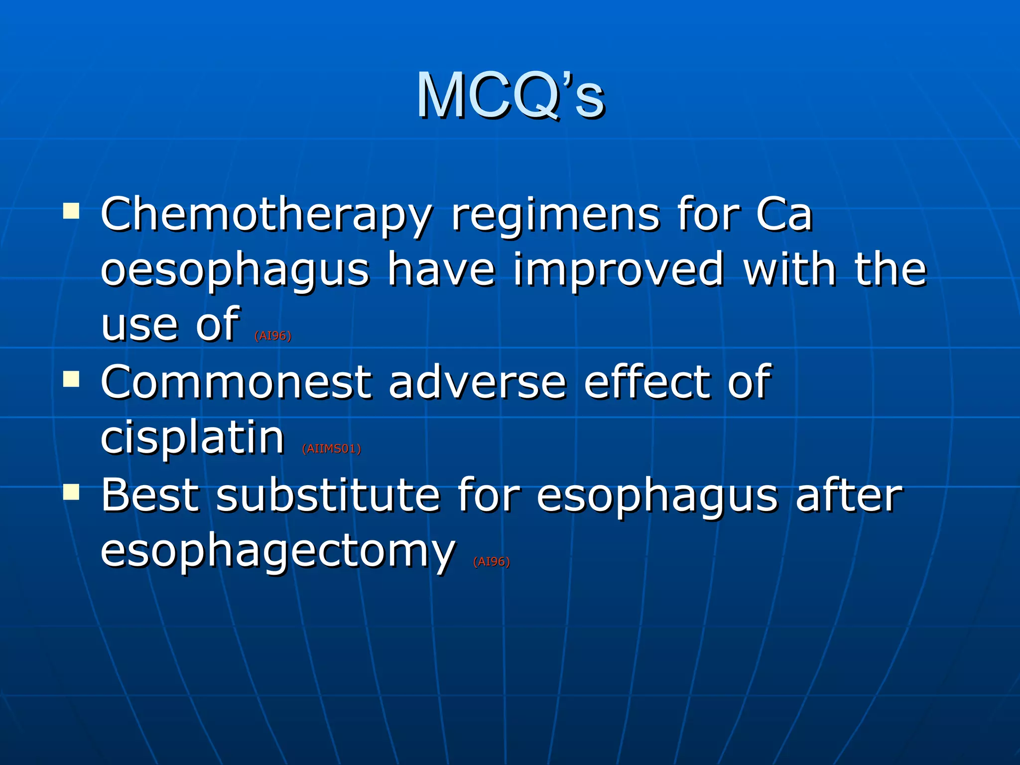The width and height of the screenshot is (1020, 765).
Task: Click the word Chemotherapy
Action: pyautogui.click(x=266, y=215)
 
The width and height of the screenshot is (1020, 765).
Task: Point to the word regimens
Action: pyautogui.click(x=555, y=215)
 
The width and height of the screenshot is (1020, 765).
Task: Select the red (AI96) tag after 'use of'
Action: pyautogui.click(x=272, y=336)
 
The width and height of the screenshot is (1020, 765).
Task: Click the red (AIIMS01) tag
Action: pyautogui.click(x=331, y=449)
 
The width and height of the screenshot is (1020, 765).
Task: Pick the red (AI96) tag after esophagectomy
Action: pyautogui.click(x=491, y=562)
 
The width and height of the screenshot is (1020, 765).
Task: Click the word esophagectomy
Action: pyautogui.click(x=278, y=552)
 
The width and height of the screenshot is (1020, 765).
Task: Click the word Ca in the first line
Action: pyautogui.click(x=784, y=215)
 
